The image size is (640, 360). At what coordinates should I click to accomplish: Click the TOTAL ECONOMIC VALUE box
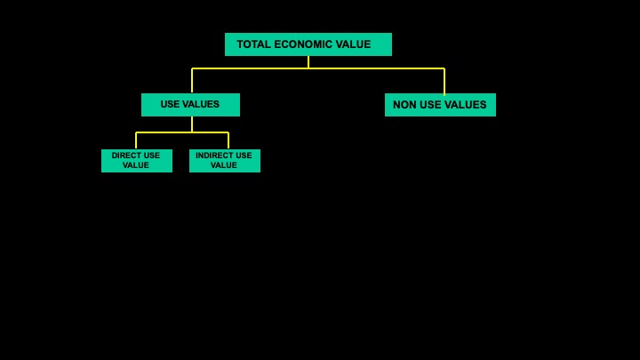(x=308, y=44)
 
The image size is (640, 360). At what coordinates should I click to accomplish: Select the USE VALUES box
(x=190, y=105)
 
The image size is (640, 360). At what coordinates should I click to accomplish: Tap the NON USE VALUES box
(x=440, y=105)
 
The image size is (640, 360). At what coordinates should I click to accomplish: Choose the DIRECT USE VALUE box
(x=137, y=161)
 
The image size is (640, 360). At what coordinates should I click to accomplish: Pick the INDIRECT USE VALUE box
(x=225, y=161)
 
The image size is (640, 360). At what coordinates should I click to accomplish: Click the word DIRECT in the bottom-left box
(x=124, y=156)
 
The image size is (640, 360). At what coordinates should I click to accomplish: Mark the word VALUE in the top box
(x=353, y=44)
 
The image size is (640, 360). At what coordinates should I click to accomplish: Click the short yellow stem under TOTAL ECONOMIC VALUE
(x=308, y=62)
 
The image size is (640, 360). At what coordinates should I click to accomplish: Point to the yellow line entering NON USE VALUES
(x=444, y=82)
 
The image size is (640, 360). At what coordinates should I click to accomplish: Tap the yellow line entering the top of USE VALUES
(x=192, y=81)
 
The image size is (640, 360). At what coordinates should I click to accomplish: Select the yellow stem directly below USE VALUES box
(x=192, y=124)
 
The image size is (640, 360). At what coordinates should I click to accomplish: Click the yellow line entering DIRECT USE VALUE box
(x=136, y=140)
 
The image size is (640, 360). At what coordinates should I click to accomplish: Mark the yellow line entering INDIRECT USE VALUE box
(x=228, y=140)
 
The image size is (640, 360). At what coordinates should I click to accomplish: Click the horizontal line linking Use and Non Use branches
(x=318, y=68)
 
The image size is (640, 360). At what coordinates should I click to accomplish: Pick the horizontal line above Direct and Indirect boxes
(x=182, y=132)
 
